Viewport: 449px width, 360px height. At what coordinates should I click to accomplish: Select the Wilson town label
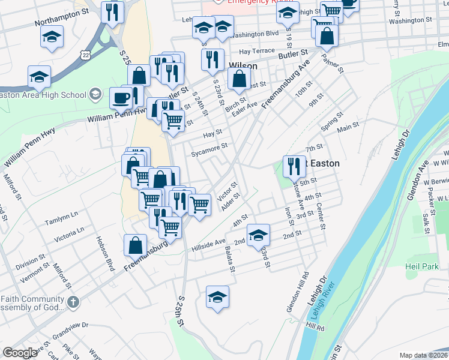[243, 66]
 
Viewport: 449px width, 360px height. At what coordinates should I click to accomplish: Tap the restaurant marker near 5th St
[294, 166]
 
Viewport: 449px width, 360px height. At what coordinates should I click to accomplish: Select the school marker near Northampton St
[52, 35]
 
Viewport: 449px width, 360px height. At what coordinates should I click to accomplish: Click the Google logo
[20, 352]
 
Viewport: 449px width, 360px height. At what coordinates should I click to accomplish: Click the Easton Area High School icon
[95, 94]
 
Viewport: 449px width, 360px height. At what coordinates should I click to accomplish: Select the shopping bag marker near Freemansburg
[136, 244]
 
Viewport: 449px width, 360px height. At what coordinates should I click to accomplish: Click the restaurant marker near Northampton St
[112, 11]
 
